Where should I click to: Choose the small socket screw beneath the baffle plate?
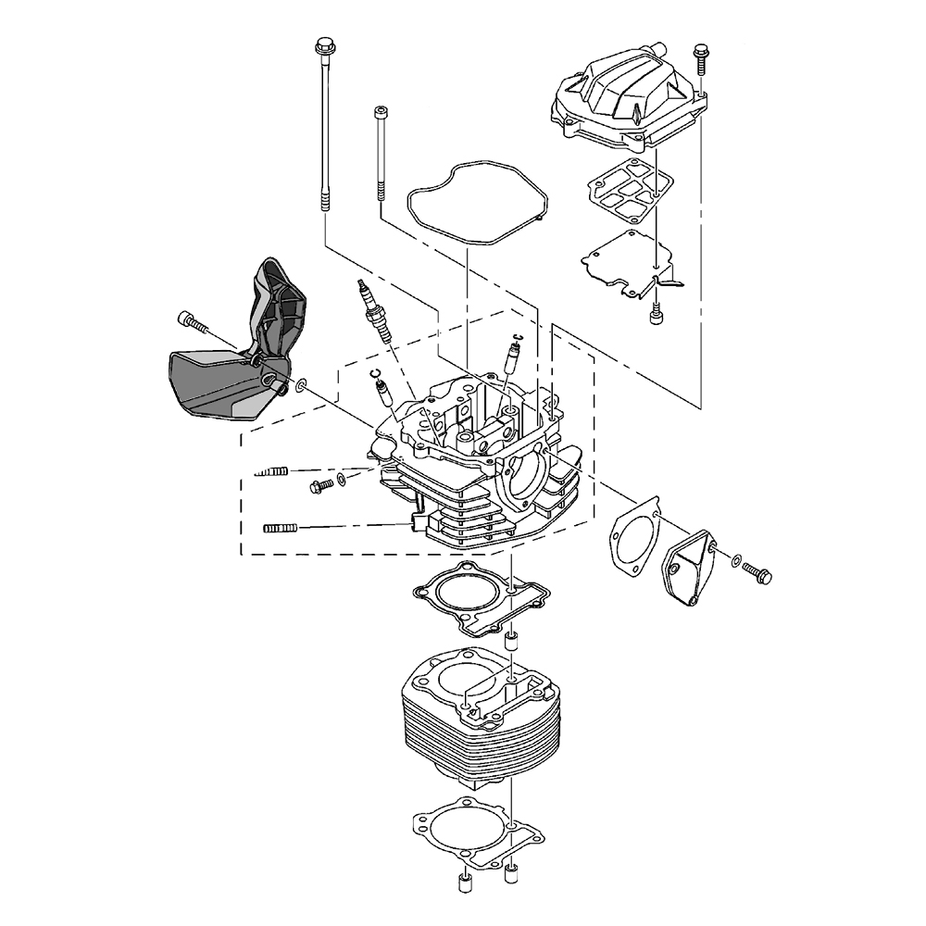coord(657,313)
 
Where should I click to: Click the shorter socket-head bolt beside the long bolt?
coord(381,153)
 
